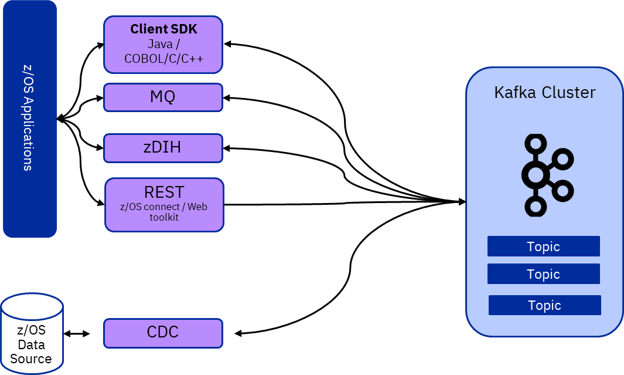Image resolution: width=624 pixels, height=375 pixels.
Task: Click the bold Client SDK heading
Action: pyautogui.click(x=163, y=29)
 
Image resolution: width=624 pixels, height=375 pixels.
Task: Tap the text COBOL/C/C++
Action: pyautogui.click(x=163, y=59)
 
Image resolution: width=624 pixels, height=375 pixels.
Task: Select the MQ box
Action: pyautogui.click(x=163, y=97)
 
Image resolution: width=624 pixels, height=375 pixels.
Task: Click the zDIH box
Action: pyautogui.click(x=163, y=147)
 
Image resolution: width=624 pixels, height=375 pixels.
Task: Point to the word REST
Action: pyautogui.click(x=164, y=192)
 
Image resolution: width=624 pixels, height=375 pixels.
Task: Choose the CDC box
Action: pyautogui.click(x=163, y=333)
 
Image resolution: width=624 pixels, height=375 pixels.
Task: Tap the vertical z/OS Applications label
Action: pyautogui.click(x=28, y=118)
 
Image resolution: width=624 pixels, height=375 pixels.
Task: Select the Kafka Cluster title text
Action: pyautogui.click(x=544, y=93)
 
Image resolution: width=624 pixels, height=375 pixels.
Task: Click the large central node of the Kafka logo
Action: pyautogui.click(x=535, y=175)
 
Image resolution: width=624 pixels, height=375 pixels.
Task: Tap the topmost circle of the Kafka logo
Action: pyautogui.click(x=535, y=144)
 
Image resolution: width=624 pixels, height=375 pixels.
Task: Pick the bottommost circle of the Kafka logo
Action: pyautogui.click(x=535, y=206)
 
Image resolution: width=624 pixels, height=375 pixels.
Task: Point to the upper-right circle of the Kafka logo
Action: pyautogui.click(x=562, y=158)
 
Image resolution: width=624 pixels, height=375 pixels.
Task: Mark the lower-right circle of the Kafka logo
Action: pyautogui.click(x=562, y=190)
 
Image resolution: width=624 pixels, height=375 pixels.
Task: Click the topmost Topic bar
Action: pyautogui.click(x=543, y=246)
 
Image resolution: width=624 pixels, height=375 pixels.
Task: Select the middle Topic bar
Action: pyautogui.click(x=543, y=274)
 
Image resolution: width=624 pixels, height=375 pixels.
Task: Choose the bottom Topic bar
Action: pyautogui.click(x=544, y=305)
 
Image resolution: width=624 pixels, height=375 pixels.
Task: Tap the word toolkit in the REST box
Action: pyautogui.click(x=164, y=217)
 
